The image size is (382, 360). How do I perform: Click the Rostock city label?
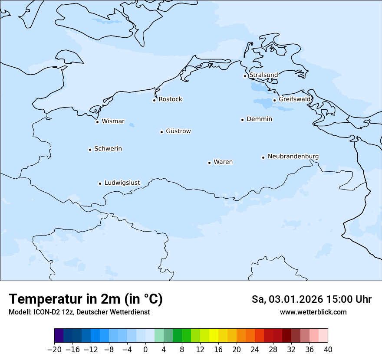click(x=171, y=99)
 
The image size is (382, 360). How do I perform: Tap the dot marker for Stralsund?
click(x=245, y=76)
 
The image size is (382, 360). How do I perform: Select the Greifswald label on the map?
click(x=295, y=99)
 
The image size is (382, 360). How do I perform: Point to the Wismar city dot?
click(x=97, y=122)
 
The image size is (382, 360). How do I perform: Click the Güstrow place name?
click(x=178, y=131)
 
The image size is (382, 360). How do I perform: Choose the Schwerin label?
click(x=108, y=149)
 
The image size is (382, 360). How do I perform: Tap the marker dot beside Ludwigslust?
click(x=100, y=183)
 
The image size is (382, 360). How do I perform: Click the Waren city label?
click(x=223, y=162)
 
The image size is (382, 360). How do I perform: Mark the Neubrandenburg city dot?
click(x=263, y=157)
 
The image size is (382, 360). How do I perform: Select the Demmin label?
click(x=259, y=119)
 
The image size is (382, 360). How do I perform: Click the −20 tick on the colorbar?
click(x=55, y=349)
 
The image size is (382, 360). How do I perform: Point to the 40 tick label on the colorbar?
click(x=328, y=349)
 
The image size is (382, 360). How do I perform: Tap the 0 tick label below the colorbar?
click(x=145, y=349)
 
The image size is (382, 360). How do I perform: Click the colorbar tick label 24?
click(x=255, y=349)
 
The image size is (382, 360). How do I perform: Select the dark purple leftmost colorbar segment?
click(x=59, y=336)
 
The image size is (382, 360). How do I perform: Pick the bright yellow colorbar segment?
click(x=214, y=336)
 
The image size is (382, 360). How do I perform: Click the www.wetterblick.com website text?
click(x=313, y=312)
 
